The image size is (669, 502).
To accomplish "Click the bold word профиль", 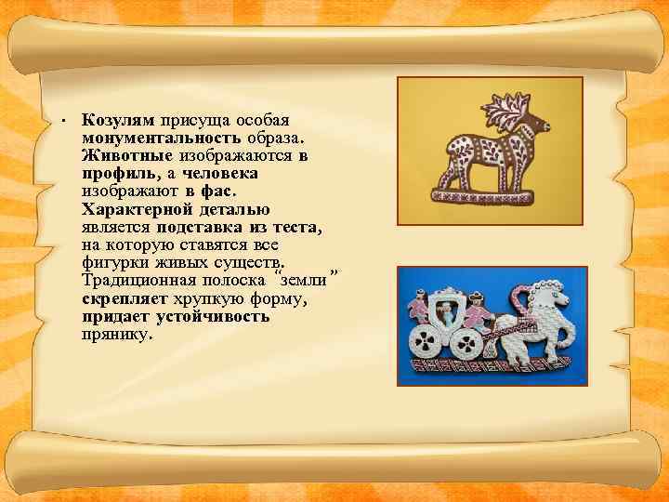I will click(x=110, y=174).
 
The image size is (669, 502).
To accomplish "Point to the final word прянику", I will click(x=114, y=334).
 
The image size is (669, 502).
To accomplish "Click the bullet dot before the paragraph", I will click(x=59, y=122).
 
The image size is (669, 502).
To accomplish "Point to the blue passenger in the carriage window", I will click(x=445, y=312).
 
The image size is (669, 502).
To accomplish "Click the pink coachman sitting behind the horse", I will click(x=476, y=311).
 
